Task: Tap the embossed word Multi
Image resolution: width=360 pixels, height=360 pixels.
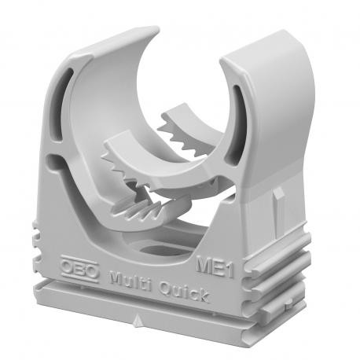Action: pos(129,280)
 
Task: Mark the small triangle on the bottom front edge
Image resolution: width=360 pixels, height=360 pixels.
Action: pos(139,322)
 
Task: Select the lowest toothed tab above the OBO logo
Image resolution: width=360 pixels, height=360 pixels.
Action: pos(141,211)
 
